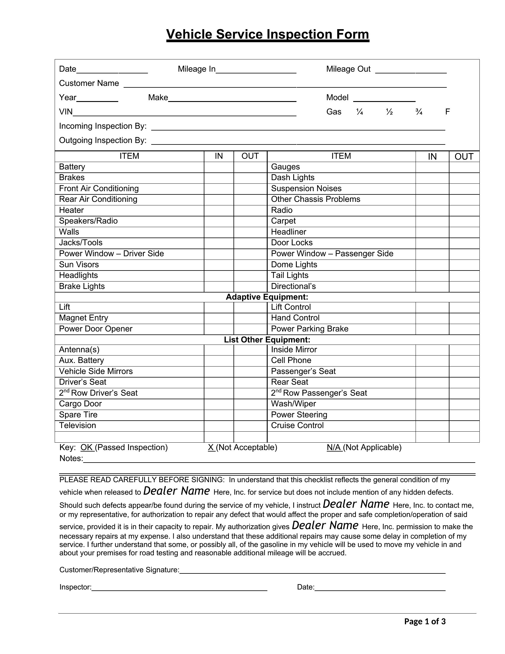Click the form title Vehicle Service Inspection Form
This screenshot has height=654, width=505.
point(267,34)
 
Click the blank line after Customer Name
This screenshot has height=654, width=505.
point(285,84)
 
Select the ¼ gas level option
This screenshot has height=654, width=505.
point(359,112)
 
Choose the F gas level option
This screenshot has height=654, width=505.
point(447,112)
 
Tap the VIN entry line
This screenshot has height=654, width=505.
point(184,113)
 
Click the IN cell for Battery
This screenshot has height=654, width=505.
point(219,167)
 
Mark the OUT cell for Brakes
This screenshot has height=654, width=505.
point(250,178)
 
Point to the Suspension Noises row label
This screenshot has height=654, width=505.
point(306,189)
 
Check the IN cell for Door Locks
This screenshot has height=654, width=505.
point(432,243)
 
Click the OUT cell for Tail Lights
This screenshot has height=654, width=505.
point(464,276)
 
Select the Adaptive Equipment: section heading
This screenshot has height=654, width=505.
point(267,297)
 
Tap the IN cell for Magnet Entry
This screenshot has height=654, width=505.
point(219,318)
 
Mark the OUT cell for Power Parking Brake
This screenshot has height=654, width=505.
point(464,329)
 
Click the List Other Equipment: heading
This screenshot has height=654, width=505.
point(267,339)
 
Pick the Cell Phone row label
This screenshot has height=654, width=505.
point(291,361)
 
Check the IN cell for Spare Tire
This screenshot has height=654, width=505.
point(219,415)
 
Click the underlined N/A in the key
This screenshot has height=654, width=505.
point(334,447)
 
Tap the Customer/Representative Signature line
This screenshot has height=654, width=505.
point(312,570)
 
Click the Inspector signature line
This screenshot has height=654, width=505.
point(179,587)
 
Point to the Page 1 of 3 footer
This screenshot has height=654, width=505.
point(424,622)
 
